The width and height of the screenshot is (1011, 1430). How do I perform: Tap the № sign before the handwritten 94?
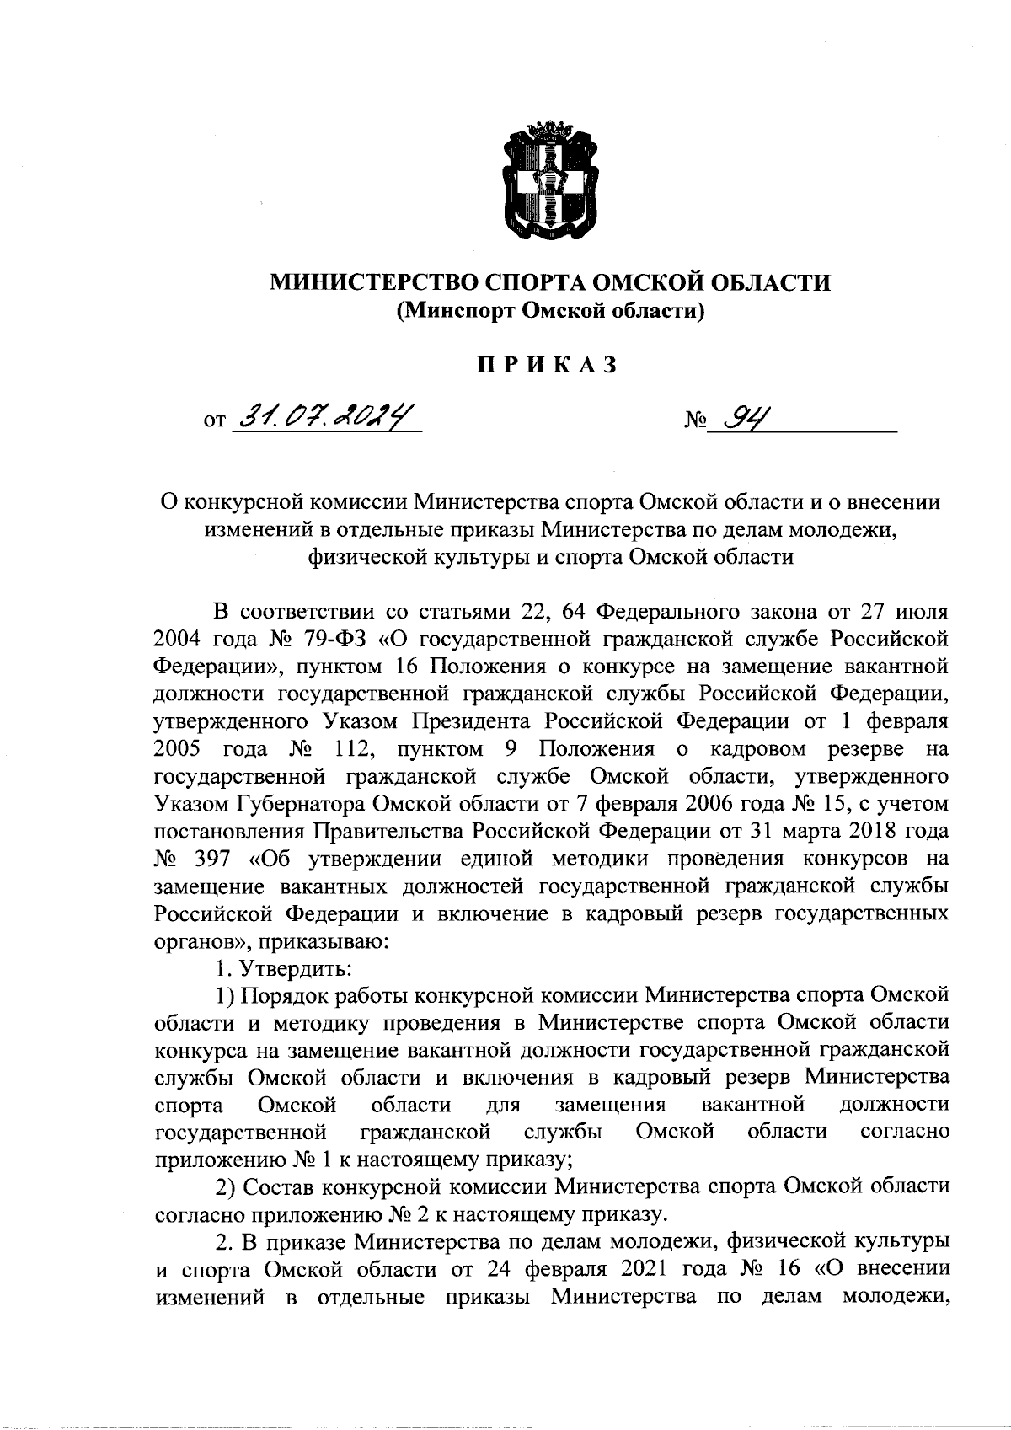pyautogui.click(x=693, y=419)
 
